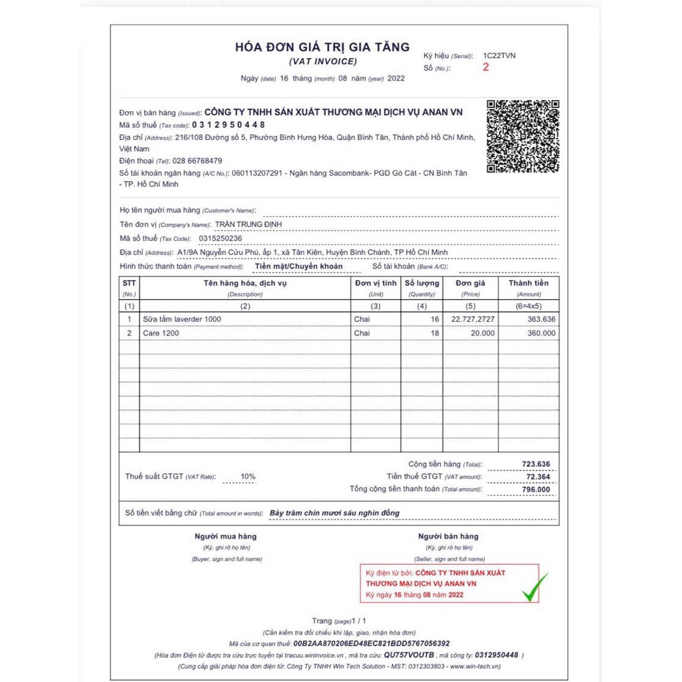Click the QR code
point(523,136)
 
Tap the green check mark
point(535,587)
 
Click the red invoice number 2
point(486,67)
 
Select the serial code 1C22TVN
point(500,55)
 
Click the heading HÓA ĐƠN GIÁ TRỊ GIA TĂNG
point(323,47)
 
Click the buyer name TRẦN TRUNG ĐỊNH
point(248,224)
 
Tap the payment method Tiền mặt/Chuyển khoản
point(299,266)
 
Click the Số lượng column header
point(422,283)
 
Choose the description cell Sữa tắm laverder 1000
point(182,319)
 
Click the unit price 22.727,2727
point(473,319)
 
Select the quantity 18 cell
point(434,333)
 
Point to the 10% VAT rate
point(248,477)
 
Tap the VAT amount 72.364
point(537,477)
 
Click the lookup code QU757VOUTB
point(409,655)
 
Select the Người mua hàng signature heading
point(225,536)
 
